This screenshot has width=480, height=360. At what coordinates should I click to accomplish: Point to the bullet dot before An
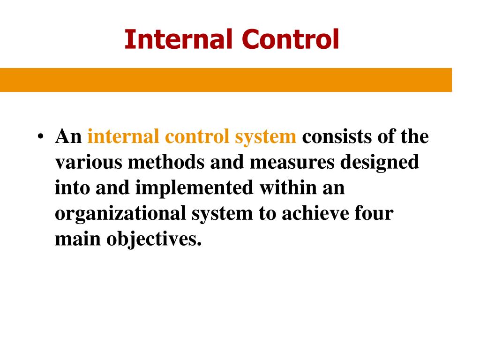[x=41, y=138]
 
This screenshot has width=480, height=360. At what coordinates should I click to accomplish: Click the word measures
[x=289, y=163]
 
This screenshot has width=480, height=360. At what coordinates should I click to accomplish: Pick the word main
[x=77, y=239]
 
